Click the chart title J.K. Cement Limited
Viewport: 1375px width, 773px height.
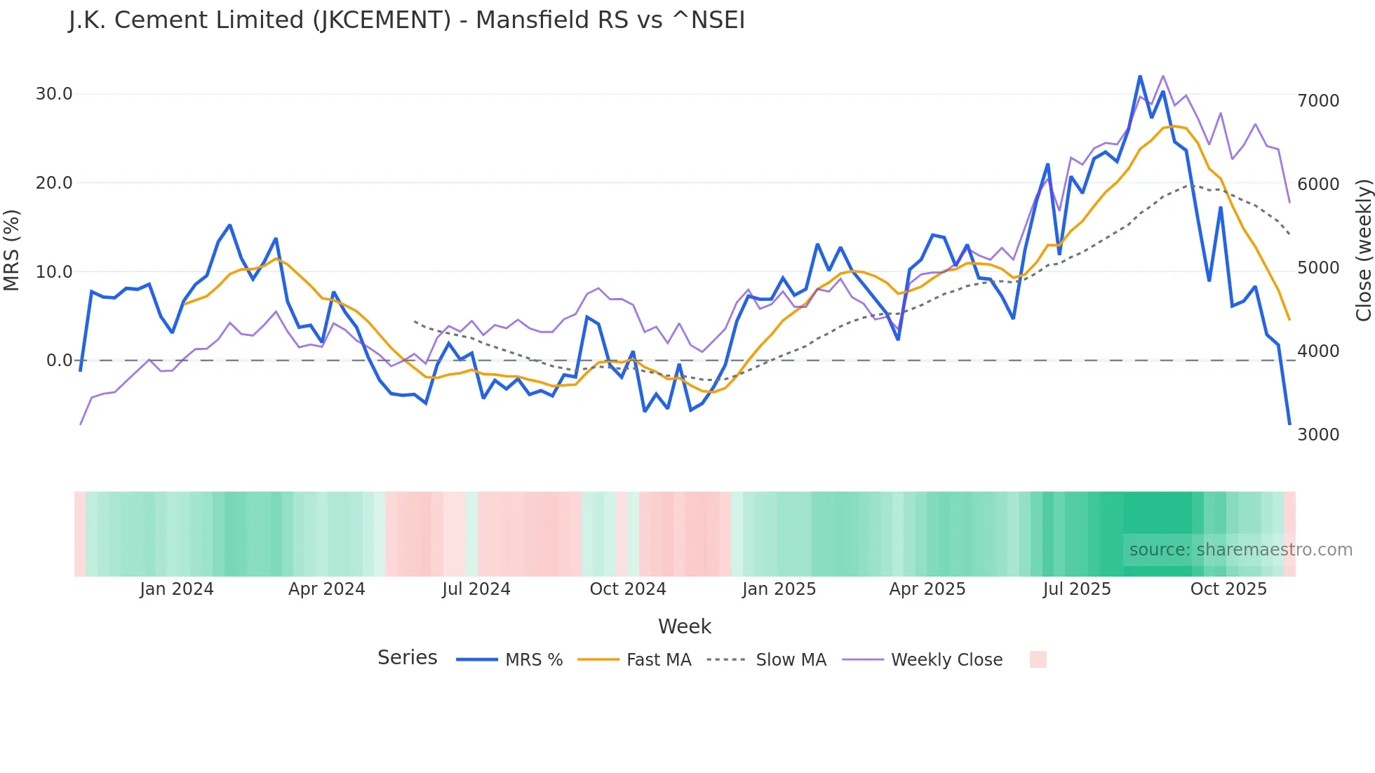[406, 20]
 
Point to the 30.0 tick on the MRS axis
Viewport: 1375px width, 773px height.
[54, 94]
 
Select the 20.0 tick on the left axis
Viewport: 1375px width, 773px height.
[54, 183]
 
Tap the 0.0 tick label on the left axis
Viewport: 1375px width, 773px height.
[59, 361]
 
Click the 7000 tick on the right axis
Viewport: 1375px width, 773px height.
[1318, 101]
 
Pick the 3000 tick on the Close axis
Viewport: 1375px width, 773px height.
[1318, 435]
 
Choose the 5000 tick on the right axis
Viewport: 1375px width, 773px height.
[1318, 268]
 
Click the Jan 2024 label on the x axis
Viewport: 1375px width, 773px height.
[176, 589]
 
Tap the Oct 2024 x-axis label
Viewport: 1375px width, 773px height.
[627, 589]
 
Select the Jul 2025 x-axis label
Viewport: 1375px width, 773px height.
[1076, 589]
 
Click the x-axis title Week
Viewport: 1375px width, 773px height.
[685, 626]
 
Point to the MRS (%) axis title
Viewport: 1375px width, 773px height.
[12, 250]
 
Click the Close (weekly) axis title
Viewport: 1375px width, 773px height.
[1363, 250]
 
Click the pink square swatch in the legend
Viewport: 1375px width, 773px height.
[1038, 659]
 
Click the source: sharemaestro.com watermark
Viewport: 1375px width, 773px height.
[1240, 550]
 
